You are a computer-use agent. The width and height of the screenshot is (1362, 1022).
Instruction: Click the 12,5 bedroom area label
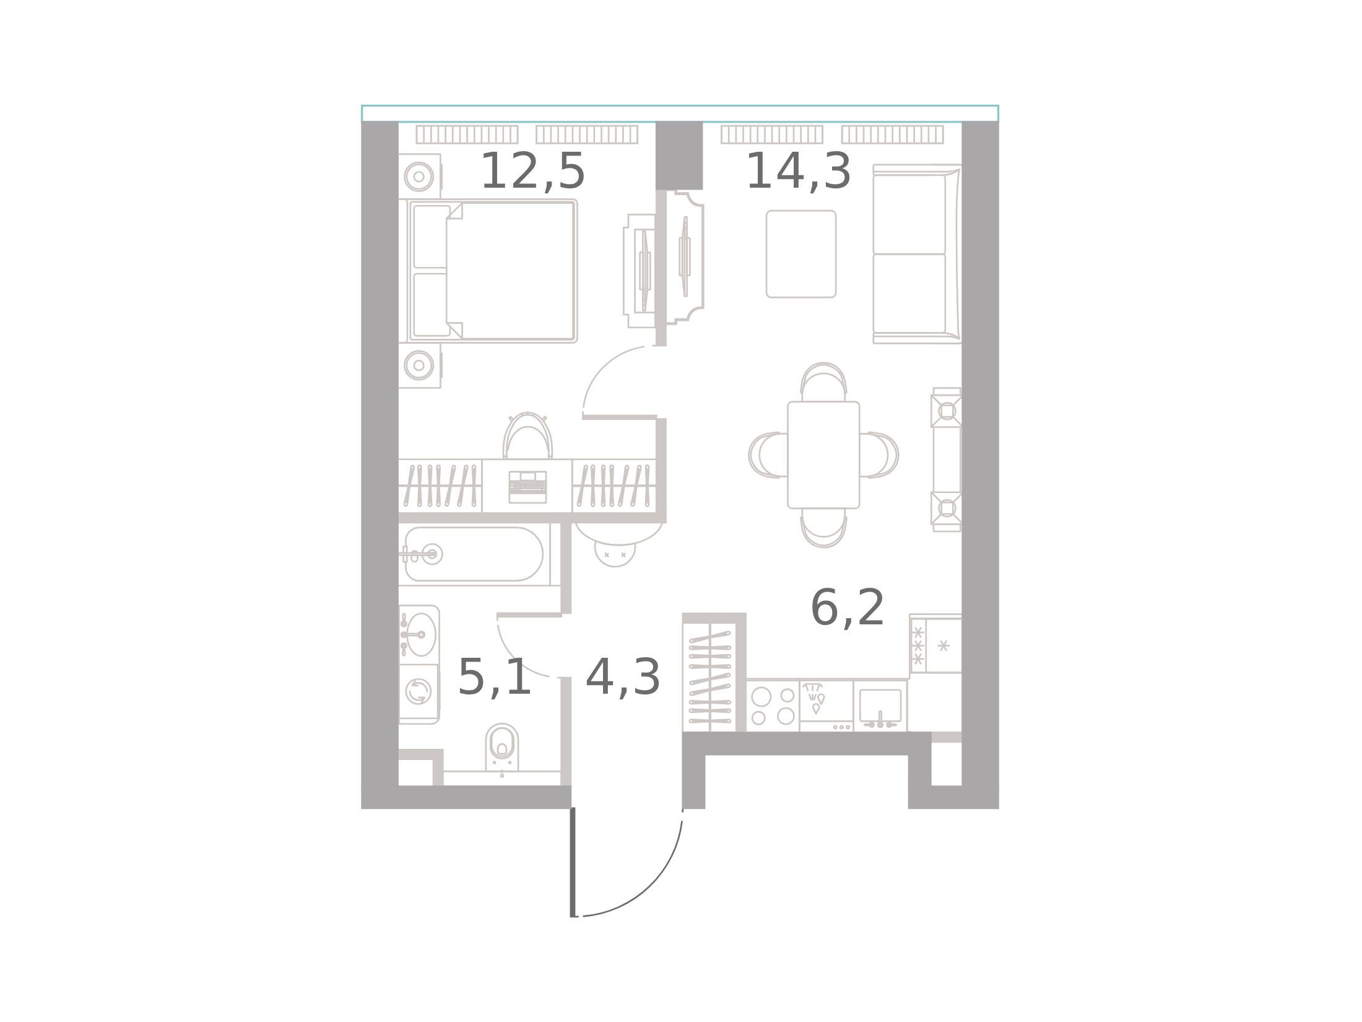532,172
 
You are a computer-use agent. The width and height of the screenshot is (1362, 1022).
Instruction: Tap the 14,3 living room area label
799,172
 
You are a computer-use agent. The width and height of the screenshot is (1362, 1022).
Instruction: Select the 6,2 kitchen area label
848,609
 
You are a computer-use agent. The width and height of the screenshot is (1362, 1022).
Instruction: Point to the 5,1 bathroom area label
495,678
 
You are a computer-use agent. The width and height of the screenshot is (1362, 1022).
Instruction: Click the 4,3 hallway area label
623,678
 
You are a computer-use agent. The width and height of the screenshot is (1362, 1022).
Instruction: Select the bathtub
474,554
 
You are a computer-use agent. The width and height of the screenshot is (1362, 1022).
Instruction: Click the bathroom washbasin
419,634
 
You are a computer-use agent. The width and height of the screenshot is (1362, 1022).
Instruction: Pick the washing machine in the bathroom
419,691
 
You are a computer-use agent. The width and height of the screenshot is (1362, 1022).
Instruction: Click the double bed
492,271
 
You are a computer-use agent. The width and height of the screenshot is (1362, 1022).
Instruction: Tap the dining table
823,455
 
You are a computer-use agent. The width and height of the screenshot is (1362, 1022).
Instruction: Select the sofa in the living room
917,254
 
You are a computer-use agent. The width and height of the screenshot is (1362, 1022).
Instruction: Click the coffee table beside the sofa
801,254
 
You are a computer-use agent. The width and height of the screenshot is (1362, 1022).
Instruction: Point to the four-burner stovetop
773,706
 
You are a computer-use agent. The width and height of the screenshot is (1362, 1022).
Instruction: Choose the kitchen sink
880,706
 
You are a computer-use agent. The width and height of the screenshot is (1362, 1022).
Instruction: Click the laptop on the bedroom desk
527,486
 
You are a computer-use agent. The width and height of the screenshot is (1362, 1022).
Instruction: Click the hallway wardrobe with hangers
709,677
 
